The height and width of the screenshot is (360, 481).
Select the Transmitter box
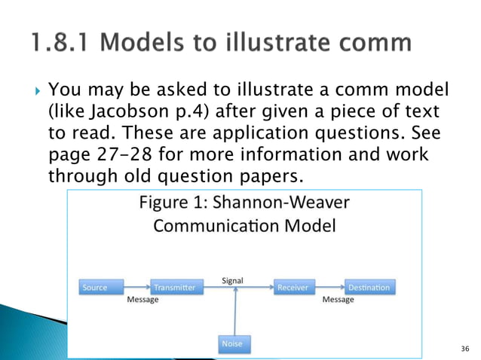pos(173,287)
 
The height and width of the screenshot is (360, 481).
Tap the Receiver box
pos(293,287)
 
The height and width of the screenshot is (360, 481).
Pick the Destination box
pos(368,287)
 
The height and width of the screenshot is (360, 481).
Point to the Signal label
pos(231,280)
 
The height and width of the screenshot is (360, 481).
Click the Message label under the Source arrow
pos(141,299)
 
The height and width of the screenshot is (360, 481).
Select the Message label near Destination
pos(338,299)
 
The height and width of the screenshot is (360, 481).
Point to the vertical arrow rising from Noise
pos(237,313)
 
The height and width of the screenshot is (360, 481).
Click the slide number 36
pos(464,348)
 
